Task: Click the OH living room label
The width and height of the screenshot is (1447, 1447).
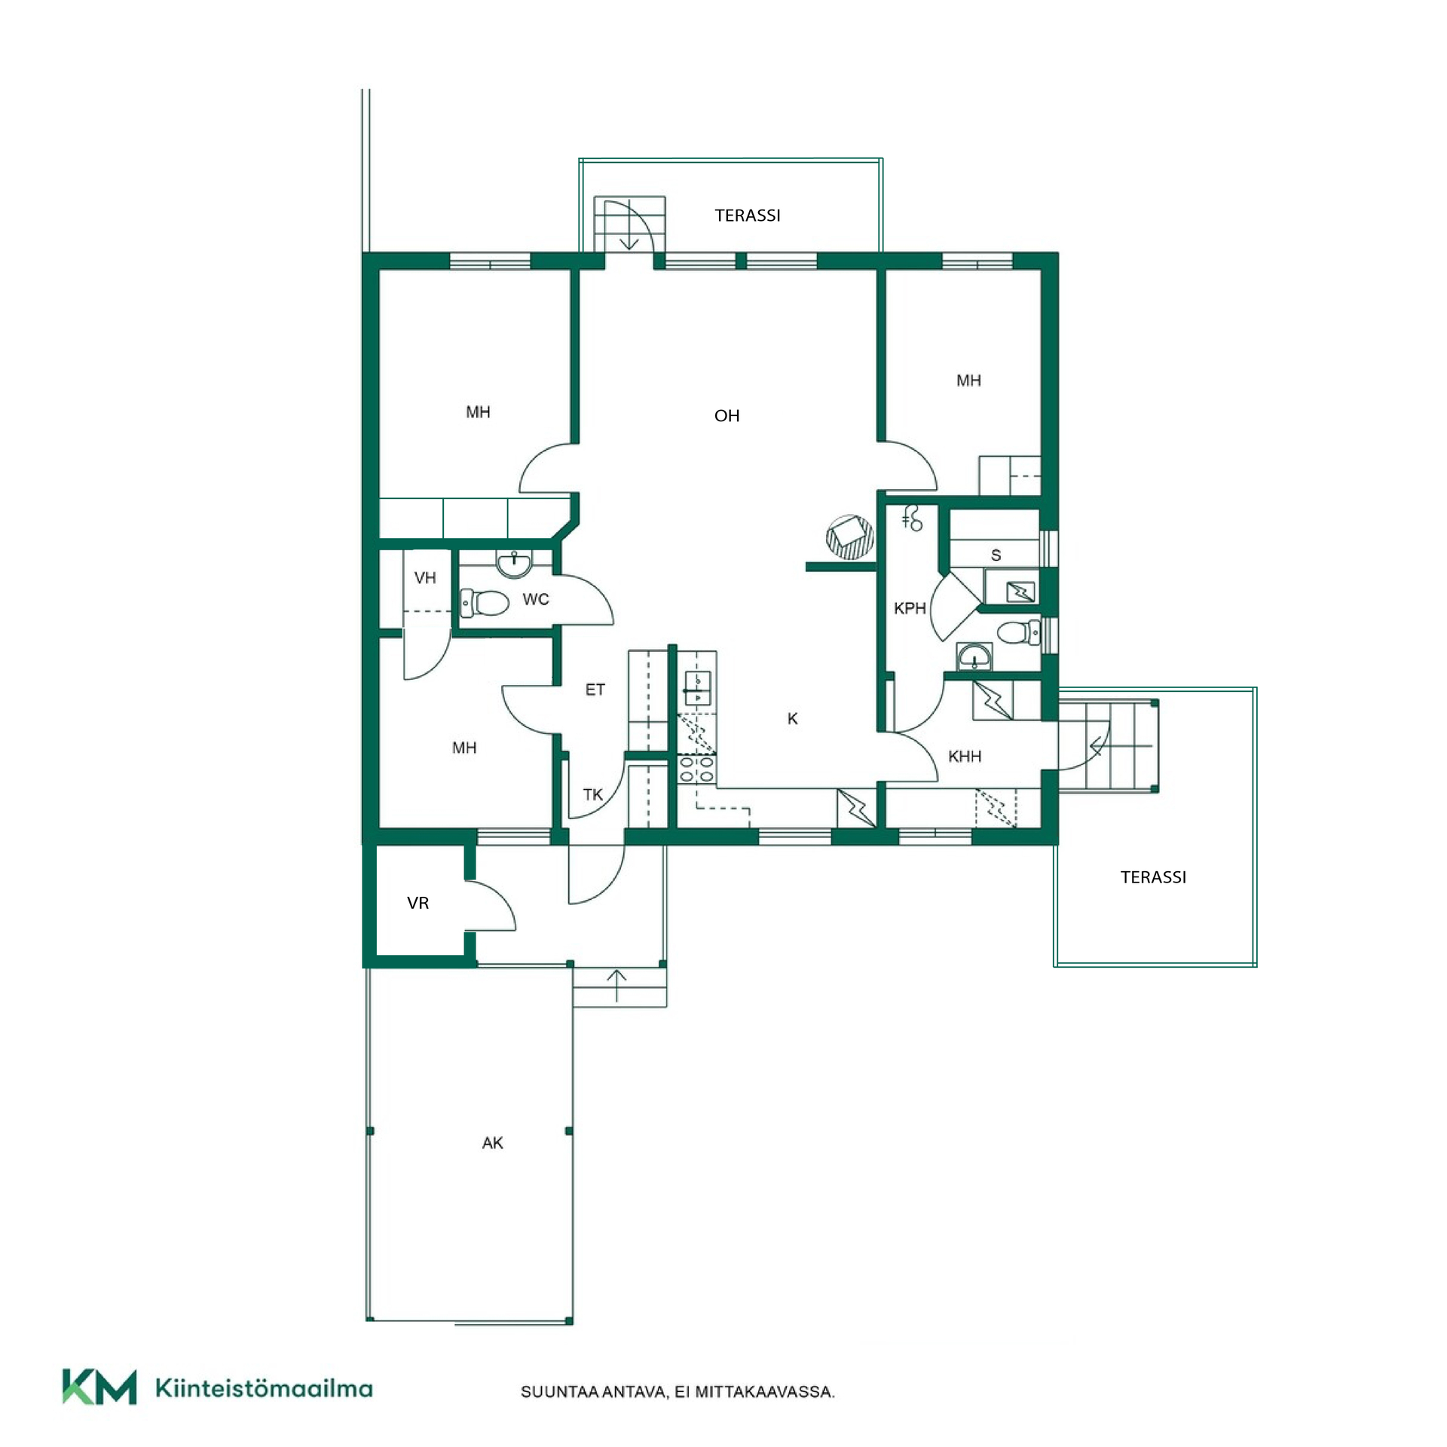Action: pyautogui.click(x=727, y=415)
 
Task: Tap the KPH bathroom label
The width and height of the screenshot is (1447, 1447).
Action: pyautogui.click(x=910, y=608)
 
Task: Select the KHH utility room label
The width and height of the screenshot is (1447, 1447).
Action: pyautogui.click(x=965, y=756)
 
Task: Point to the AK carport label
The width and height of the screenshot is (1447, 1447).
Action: pyautogui.click(x=492, y=1143)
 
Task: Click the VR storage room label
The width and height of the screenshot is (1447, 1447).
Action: pyautogui.click(x=418, y=902)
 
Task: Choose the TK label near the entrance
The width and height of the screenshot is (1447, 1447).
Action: pyautogui.click(x=592, y=794)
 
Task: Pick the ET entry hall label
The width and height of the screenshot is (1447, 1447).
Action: pyautogui.click(x=595, y=689)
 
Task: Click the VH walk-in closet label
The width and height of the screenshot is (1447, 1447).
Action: pyautogui.click(x=425, y=577)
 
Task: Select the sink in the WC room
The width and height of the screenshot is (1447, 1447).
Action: pyautogui.click(x=515, y=563)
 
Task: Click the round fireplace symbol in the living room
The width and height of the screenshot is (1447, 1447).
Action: pyautogui.click(x=850, y=537)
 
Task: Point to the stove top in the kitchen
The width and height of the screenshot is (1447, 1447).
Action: pyautogui.click(x=696, y=769)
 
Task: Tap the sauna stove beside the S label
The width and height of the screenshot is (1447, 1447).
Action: pyautogui.click(x=1021, y=591)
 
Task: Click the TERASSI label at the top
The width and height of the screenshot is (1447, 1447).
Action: pyautogui.click(x=748, y=216)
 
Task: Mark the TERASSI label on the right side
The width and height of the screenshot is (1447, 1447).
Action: pyautogui.click(x=1153, y=877)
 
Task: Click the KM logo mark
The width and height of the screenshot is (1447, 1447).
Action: pyautogui.click(x=99, y=1387)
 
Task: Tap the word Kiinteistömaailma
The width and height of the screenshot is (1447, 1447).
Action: pyautogui.click(x=264, y=1387)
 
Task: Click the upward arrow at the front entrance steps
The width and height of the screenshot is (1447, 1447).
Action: pyautogui.click(x=616, y=986)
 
